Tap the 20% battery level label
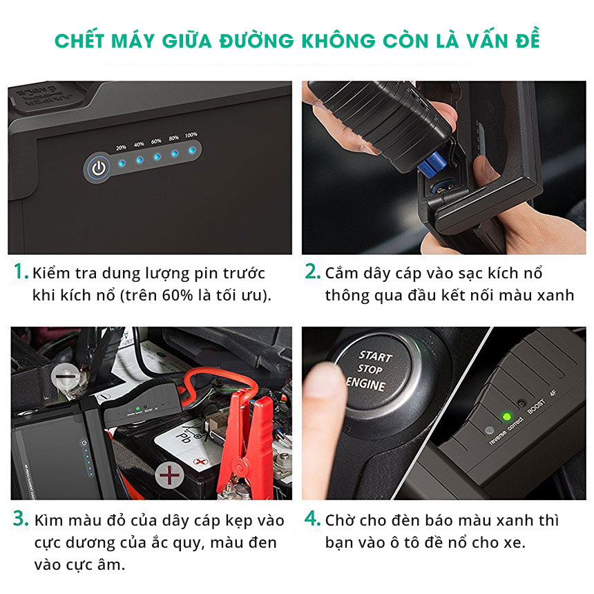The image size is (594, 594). [x=121, y=148]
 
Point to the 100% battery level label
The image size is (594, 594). [x=191, y=135]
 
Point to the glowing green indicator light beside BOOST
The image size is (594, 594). [x=506, y=417]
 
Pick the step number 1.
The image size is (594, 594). [x=21, y=272]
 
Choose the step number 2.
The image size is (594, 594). [x=313, y=272]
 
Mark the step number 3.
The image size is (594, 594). [x=21, y=519]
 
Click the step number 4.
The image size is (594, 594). [x=313, y=519]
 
